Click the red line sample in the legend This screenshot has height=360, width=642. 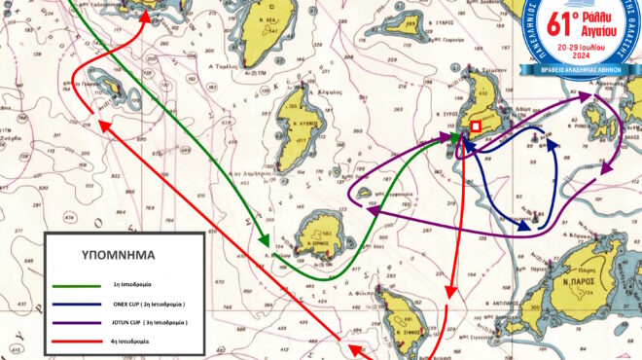coord(80,340)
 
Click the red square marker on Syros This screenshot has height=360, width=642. coord(476,126)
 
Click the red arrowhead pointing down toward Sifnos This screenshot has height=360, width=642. coord(449,296)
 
